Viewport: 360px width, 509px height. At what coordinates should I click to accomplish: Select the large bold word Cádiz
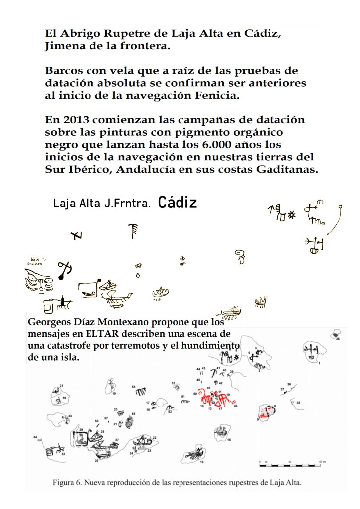178,203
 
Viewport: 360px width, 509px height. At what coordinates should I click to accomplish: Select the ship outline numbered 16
195,454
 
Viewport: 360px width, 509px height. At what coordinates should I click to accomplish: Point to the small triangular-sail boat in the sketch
160,292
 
